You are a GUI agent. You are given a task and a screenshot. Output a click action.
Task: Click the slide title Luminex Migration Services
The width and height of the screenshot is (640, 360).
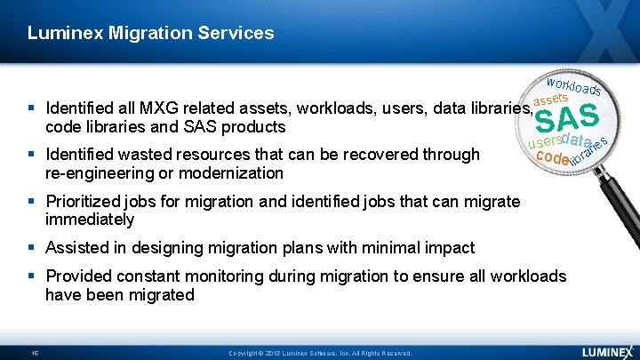(x=150, y=34)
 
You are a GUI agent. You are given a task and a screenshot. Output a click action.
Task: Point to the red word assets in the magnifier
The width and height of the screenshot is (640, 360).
(x=551, y=97)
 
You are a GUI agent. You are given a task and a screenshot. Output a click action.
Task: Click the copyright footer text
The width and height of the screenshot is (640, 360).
(x=319, y=353)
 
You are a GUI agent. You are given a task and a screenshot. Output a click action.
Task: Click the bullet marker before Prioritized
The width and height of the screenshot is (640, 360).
(x=34, y=202)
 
